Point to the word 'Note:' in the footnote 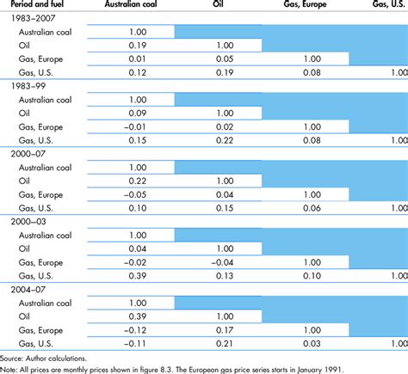(10, 370)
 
